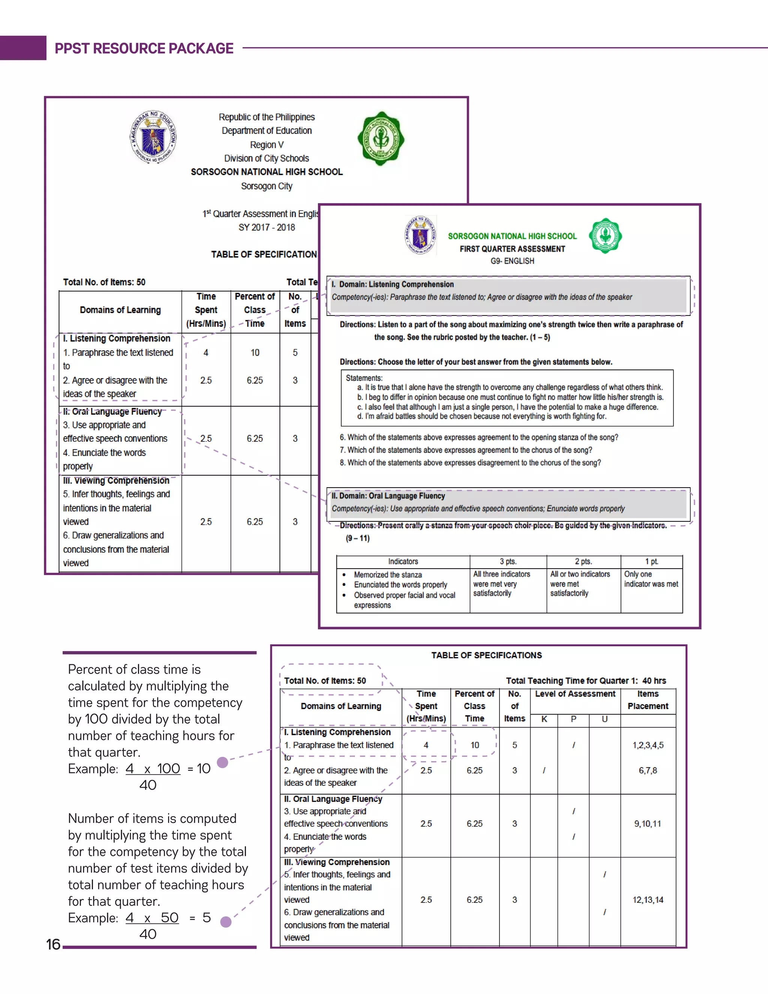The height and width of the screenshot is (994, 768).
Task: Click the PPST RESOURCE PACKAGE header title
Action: [x=144, y=48]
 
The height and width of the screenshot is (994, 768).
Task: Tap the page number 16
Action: [x=53, y=944]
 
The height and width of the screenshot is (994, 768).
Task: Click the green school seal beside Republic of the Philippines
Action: [x=381, y=138]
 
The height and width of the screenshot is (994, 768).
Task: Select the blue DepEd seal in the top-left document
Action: [x=153, y=137]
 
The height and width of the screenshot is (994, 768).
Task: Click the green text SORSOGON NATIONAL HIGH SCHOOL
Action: [x=512, y=236]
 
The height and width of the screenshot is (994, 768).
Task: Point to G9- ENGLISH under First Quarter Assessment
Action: [x=512, y=261]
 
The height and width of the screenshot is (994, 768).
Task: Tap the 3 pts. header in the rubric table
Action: [x=508, y=562]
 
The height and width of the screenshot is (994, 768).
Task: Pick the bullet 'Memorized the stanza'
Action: [x=388, y=575]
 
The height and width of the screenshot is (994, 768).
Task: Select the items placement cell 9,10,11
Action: [x=647, y=824]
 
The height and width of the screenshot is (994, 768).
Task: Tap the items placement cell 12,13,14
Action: [x=647, y=900]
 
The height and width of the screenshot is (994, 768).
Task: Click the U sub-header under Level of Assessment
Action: [x=604, y=719]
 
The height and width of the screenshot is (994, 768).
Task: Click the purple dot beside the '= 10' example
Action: [x=222, y=762]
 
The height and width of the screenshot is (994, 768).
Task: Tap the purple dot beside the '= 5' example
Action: [x=226, y=922]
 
